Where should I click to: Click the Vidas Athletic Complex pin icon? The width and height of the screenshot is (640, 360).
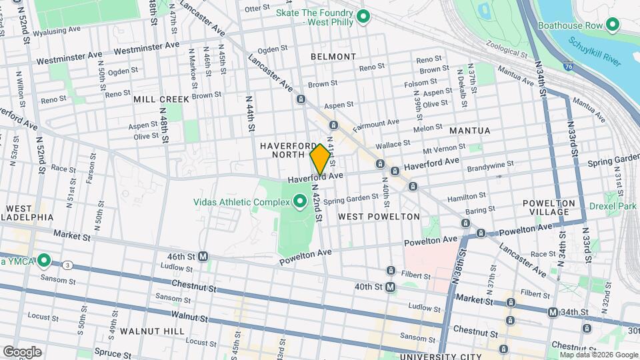point(300,200)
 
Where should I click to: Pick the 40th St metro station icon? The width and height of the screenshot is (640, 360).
point(391,287)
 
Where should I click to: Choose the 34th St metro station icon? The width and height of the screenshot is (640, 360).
point(553,312)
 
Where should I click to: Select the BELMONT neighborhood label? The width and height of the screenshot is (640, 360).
point(333,57)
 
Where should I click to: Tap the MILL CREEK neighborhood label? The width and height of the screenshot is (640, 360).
point(161,99)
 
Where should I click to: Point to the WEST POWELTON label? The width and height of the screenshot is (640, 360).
point(379,217)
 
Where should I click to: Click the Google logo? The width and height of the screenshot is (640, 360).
point(22,351)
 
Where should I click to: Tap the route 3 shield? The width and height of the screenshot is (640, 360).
point(69,265)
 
